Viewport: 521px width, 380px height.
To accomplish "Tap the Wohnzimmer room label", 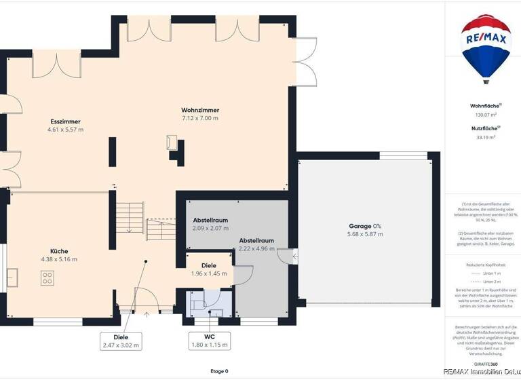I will (200, 110).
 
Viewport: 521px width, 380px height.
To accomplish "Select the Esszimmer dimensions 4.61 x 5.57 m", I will (65, 130).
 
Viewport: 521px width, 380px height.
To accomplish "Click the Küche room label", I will (59, 250).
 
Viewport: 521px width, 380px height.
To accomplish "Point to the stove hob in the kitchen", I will (47, 278).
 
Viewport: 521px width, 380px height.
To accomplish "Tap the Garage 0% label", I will (365, 226).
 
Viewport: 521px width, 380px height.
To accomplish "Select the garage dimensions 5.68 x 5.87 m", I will (365, 234).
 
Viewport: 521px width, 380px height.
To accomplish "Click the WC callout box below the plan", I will (209, 341).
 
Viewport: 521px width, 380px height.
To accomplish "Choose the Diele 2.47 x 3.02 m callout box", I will (122, 341).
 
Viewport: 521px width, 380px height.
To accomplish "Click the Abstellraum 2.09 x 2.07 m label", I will (210, 225).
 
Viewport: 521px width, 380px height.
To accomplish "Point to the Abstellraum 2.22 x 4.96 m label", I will (256, 244).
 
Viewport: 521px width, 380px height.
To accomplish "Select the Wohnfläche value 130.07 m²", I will (486, 115).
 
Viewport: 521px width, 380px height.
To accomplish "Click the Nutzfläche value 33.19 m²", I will (486, 137).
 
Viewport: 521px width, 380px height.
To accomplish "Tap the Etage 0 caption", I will (218, 371).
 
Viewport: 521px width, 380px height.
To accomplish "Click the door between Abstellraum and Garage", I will (291, 256).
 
